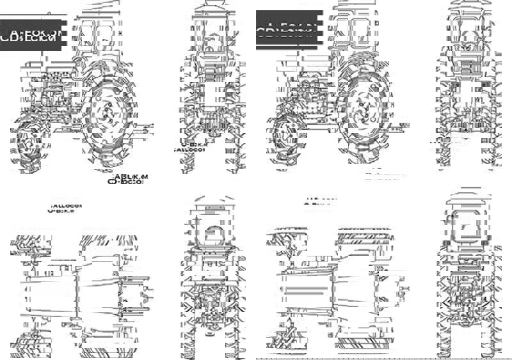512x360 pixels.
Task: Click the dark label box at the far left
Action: pos(31,35)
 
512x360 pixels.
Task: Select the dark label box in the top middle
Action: pos(287,30)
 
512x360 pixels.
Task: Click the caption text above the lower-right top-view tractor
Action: pos(319,203)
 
